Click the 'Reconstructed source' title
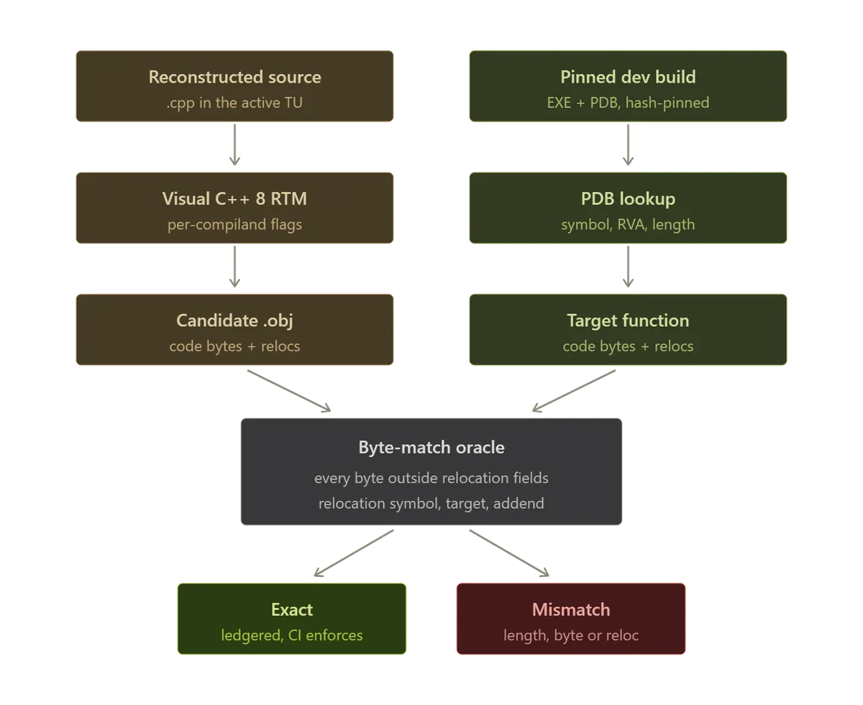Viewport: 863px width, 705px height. tap(234, 77)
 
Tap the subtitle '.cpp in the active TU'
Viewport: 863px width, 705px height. tap(234, 103)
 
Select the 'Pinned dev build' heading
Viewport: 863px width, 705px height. tap(628, 77)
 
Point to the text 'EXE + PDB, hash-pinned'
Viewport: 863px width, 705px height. tap(628, 103)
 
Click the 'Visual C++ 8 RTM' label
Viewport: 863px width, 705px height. tap(234, 199)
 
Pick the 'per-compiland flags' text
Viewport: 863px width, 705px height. tap(234, 224)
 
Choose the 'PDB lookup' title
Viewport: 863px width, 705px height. tap(628, 199)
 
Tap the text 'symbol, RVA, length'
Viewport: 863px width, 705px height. tap(628, 224)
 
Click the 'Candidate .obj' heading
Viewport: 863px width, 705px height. tap(234, 321)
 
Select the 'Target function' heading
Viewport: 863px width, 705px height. tap(628, 321)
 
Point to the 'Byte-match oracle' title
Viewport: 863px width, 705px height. tap(431, 448)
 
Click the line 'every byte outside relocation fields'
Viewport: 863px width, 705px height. tap(431, 478)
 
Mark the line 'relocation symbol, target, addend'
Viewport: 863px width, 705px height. tap(431, 503)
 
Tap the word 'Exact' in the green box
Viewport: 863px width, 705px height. tap(292, 609)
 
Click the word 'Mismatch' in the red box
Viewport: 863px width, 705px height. tap(571, 609)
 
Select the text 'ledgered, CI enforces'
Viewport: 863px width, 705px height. tap(292, 635)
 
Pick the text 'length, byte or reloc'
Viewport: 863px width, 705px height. tap(571, 635)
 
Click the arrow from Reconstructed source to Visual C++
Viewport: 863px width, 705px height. tap(234, 144)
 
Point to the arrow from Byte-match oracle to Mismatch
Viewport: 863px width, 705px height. tap(509, 553)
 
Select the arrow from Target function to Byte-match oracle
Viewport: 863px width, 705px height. tap(574, 391)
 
